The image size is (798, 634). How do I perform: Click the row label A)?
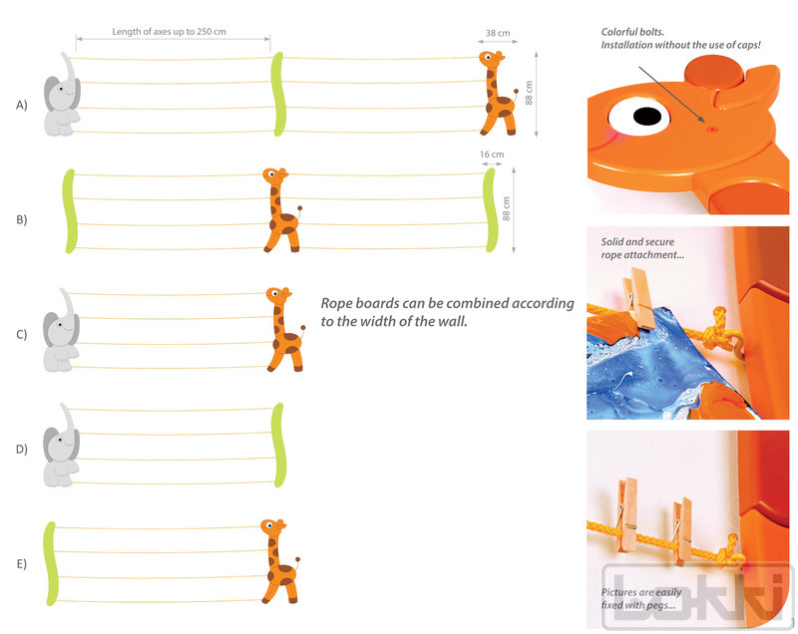point(21,106)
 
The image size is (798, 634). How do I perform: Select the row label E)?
point(21,564)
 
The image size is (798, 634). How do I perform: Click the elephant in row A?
point(62,95)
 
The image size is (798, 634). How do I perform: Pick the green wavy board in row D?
point(278,445)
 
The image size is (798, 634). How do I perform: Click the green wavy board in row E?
point(50,563)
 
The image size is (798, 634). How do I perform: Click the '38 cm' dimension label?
point(497,33)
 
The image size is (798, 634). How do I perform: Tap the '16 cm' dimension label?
point(492,155)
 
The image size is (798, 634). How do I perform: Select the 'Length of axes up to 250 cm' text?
point(169,32)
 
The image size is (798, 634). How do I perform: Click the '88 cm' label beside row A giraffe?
point(529,93)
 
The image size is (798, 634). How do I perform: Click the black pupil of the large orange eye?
point(646,116)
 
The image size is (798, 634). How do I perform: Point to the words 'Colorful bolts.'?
point(632,32)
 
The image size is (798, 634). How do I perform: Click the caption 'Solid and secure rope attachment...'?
point(642,248)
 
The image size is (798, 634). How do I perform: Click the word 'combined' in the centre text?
point(476,303)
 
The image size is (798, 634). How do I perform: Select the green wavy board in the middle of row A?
point(278,94)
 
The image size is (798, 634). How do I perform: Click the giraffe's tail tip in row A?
point(516,92)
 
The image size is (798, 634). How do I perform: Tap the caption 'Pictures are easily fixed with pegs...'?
point(641,598)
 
